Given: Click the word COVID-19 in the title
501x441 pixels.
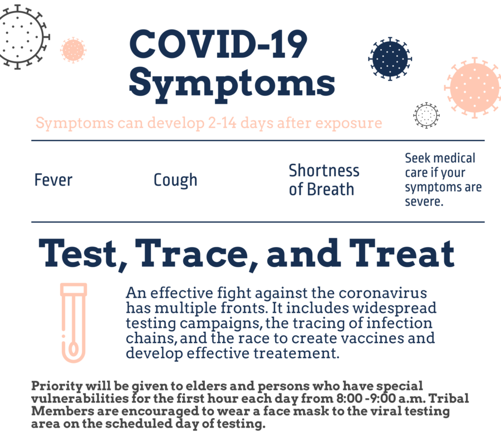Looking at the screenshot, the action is point(218,44).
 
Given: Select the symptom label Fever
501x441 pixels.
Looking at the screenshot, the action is point(53,180).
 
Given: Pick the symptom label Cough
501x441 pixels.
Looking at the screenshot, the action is point(175,181).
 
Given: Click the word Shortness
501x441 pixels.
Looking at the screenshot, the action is point(324,170).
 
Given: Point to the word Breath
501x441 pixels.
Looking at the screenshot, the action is point(331,189).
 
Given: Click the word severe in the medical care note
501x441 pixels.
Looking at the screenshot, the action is point(424,202).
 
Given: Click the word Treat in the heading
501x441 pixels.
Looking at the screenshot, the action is point(402,253).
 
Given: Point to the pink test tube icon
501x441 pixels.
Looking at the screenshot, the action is point(73,323).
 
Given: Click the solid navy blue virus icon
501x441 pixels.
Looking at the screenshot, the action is point(390,59).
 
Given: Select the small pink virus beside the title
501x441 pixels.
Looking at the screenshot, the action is point(73,50).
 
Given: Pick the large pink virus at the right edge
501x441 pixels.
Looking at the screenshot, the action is point(474,88).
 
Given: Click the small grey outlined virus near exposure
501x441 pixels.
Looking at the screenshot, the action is point(426,115).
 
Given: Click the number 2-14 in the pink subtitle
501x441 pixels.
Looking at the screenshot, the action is point(222,123).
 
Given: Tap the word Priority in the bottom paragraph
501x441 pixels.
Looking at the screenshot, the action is point(57,386).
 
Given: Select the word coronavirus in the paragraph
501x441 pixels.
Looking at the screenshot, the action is point(383,293).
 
